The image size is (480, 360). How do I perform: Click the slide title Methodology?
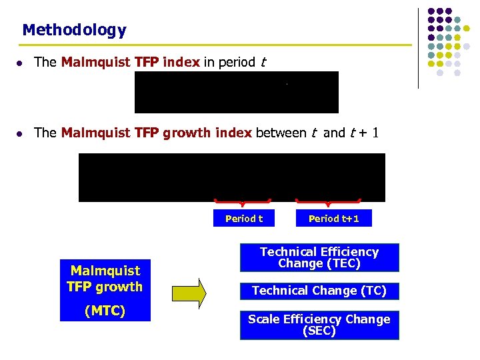click(74, 30)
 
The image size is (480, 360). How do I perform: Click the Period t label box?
click(243, 219)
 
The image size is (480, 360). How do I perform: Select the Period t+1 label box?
click(333, 219)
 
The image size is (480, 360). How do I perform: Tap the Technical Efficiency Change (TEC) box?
click(319, 258)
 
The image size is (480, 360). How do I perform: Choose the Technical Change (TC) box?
click(319, 291)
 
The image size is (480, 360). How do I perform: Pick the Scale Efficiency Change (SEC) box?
click(319, 325)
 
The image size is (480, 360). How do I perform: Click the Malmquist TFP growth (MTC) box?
click(105, 290)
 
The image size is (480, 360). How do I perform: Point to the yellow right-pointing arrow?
click(189, 293)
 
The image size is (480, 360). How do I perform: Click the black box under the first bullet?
click(236, 93)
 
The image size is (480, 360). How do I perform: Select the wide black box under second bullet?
click(231, 177)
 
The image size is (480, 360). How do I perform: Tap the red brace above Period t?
click(242, 201)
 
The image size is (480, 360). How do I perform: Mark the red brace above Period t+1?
click(328, 201)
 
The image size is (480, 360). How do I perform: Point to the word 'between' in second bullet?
click(281, 133)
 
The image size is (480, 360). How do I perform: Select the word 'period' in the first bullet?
click(237, 62)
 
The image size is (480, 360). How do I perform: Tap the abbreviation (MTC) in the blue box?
click(105, 311)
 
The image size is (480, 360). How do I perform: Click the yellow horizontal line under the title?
click(213, 45)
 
